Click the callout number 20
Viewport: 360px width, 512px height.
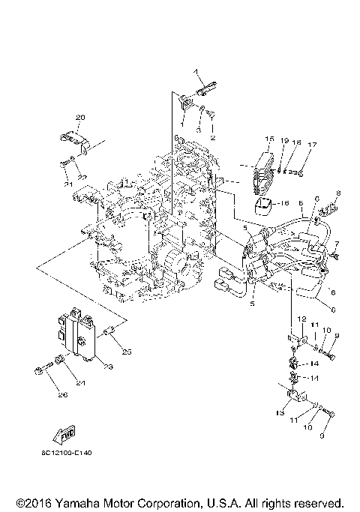[81, 117]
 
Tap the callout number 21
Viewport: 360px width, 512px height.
[67, 184]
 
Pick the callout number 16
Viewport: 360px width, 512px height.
[284, 202]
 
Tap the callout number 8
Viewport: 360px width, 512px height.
[338, 193]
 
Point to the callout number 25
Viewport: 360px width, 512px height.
[127, 352]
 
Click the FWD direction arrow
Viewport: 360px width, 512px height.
[62, 435]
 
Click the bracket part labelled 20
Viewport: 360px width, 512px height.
[72, 139]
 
